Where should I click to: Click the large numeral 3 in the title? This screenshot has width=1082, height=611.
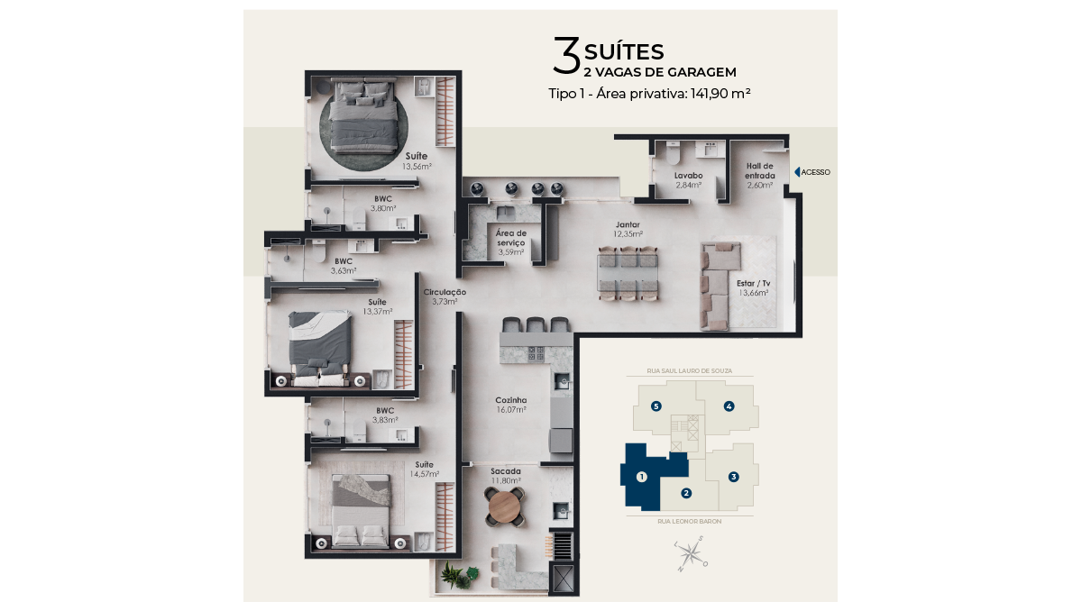pos(566,56)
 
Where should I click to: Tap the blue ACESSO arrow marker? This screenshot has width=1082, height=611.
pos(797,172)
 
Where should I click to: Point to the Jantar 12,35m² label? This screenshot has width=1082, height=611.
pos(628,229)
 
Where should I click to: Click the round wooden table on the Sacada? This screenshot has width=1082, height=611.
pos(505,506)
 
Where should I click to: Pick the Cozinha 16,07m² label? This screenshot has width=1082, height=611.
pos(511,405)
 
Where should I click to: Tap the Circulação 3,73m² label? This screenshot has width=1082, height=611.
pos(445,296)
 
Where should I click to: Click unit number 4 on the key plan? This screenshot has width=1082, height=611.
pos(729,406)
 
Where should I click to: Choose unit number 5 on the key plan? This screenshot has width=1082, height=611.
pos(656,406)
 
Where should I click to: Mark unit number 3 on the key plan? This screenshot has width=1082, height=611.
pos(733,477)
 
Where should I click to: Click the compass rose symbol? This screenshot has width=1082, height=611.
pos(692,553)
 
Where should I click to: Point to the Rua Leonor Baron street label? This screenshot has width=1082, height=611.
pos(689,521)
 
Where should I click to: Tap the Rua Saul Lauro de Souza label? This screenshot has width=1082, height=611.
pos(690,370)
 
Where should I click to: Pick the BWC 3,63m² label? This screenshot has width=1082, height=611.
pos(344,266)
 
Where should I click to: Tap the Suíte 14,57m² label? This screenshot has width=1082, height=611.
pos(425,470)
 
